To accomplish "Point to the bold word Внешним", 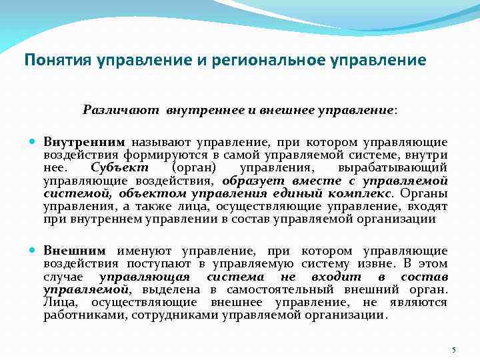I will (x=75, y=251).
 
